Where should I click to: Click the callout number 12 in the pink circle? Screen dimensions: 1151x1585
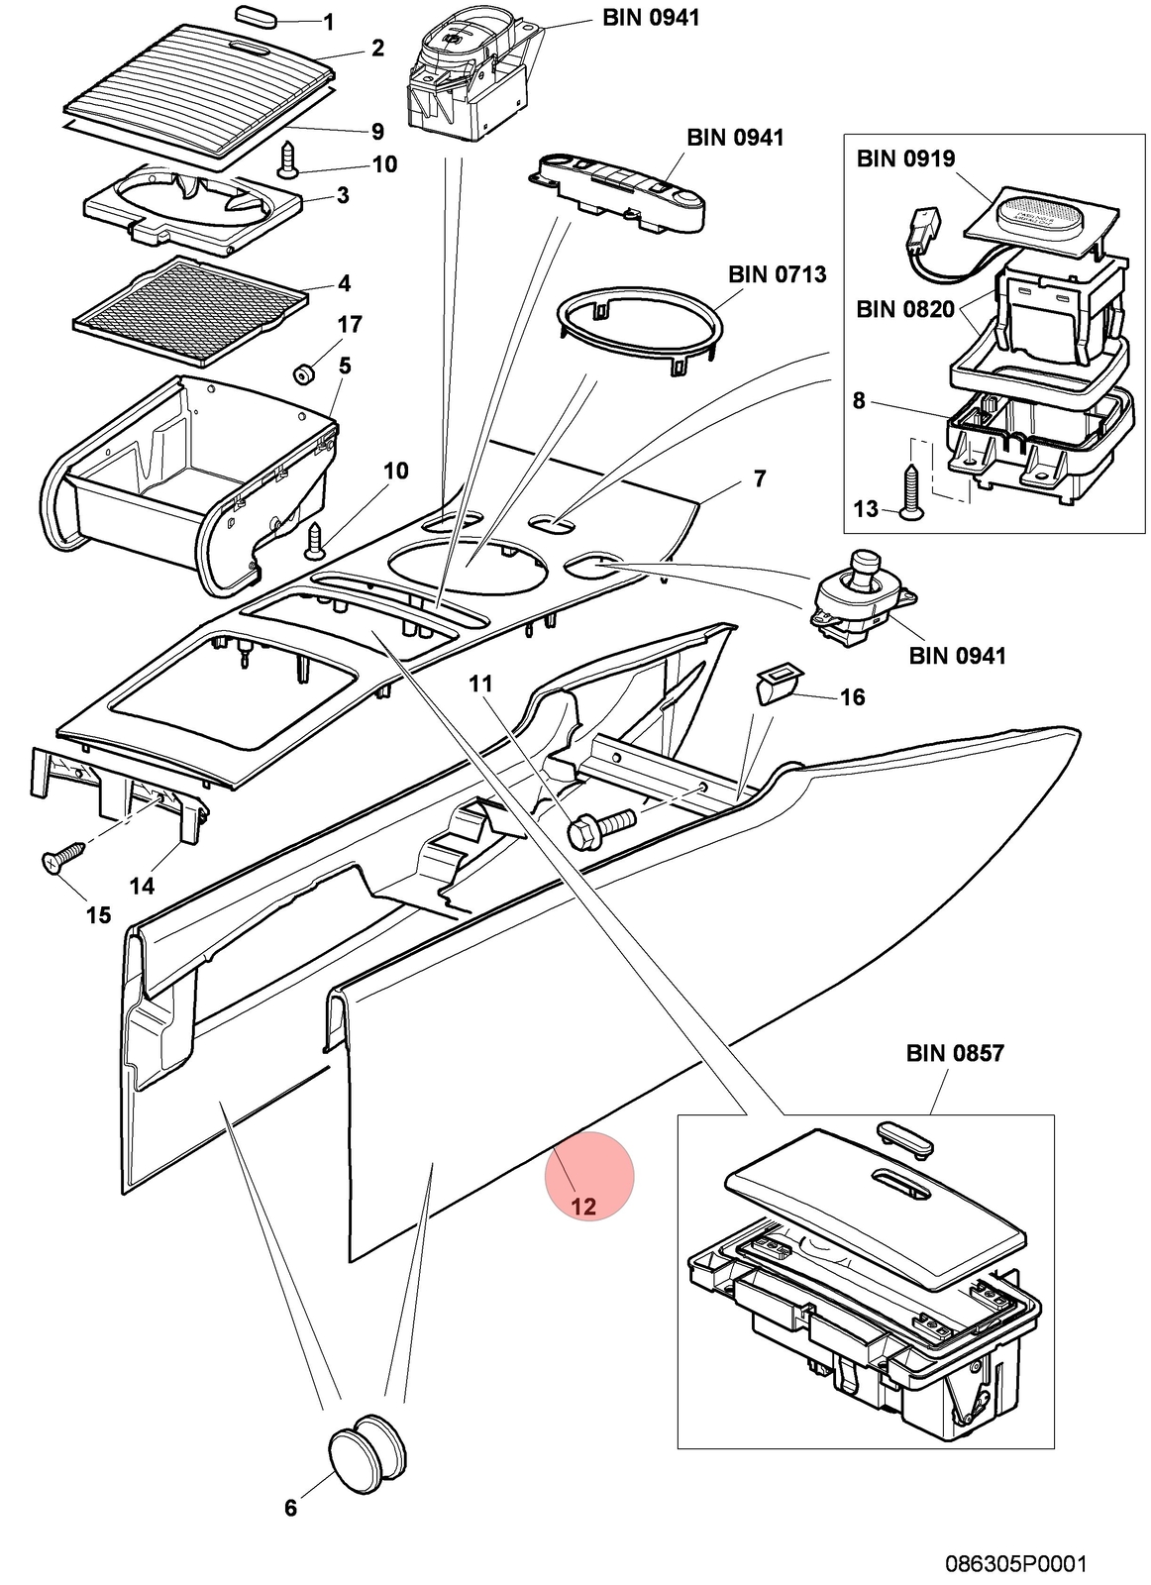click(x=583, y=1206)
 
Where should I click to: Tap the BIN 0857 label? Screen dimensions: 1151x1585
click(x=954, y=1054)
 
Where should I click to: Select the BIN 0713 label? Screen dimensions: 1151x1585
click(x=777, y=273)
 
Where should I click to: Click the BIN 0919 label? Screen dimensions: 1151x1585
click(x=905, y=158)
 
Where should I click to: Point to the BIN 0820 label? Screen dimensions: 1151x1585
click(x=904, y=309)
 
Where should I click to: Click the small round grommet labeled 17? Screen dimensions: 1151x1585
click(x=304, y=372)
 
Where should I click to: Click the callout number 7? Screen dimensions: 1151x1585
click(x=760, y=479)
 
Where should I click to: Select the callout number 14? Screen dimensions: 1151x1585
click(x=142, y=886)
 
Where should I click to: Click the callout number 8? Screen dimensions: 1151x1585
click(x=859, y=401)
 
